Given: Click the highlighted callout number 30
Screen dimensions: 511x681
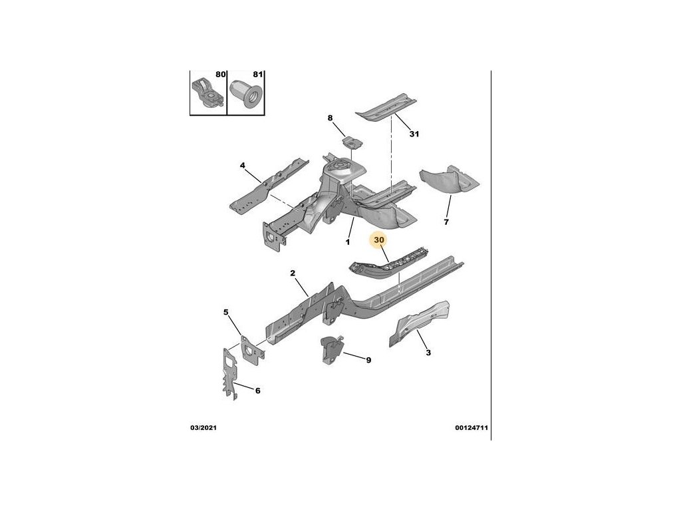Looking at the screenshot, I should point(380,240).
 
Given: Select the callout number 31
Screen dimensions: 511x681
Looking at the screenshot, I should point(414,134).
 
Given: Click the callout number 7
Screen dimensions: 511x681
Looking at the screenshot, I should point(446,222).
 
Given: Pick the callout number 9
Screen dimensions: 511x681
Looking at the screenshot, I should point(368,360).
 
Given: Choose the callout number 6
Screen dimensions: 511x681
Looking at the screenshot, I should point(257,391).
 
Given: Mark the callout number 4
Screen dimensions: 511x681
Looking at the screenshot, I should point(243,165).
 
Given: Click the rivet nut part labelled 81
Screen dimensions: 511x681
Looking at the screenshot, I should point(245,94).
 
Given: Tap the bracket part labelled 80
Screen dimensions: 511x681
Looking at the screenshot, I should point(207,92).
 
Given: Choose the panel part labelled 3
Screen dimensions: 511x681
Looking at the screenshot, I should point(416,322).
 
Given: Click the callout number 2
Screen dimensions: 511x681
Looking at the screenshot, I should point(292,273).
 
